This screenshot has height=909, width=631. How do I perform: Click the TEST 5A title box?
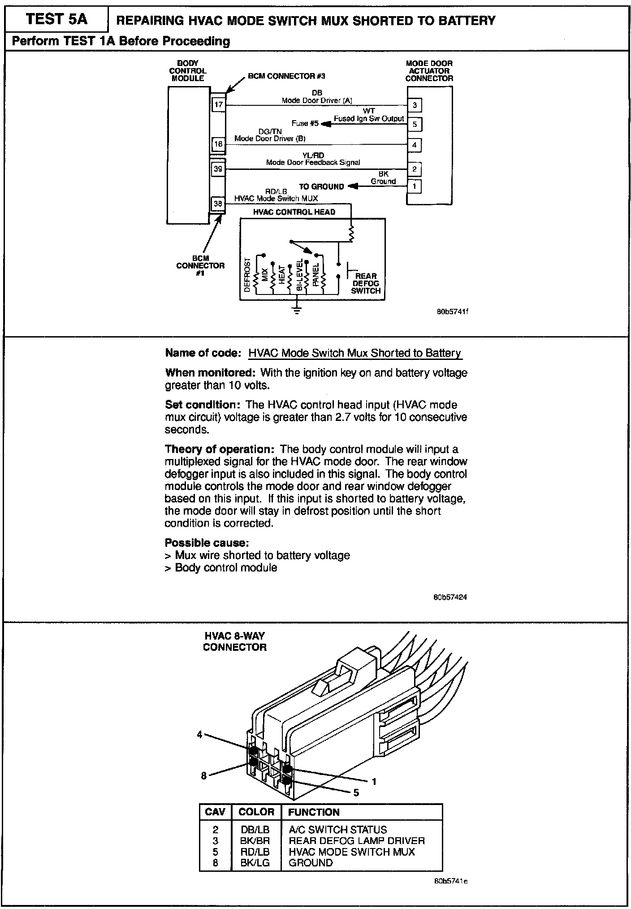click(x=56, y=20)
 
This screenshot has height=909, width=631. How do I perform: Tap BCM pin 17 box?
click(x=218, y=105)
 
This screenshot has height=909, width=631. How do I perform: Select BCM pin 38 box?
click(x=218, y=204)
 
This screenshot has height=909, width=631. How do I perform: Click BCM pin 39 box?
click(x=218, y=169)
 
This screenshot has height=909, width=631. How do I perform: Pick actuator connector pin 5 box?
click(x=415, y=124)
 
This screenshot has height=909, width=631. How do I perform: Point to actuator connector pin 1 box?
click(x=415, y=186)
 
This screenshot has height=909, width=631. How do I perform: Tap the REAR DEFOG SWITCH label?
click(x=366, y=283)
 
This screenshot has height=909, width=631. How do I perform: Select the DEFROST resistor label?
click(x=247, y=275)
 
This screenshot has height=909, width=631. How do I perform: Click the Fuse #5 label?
click(x=303, y=123)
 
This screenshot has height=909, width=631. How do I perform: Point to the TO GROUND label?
click(x=321, y=186)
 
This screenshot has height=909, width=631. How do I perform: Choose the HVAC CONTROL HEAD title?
click(x=294, y=212)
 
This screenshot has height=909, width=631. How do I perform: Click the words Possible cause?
click(x=207, y=543)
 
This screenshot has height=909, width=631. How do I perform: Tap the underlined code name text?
click(x=354, y=353)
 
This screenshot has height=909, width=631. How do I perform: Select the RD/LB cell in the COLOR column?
click(x=255, y=852)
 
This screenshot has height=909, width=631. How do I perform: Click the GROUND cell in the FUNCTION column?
click(x=311, y=862)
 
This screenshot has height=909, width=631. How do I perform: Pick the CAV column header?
click(x=215, y=812)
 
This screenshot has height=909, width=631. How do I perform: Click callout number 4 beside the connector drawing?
click(x=200, y=734)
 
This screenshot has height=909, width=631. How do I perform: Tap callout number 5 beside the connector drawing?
click(x=356, y=792)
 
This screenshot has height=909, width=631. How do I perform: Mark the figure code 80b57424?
click(x=450, y=597)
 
